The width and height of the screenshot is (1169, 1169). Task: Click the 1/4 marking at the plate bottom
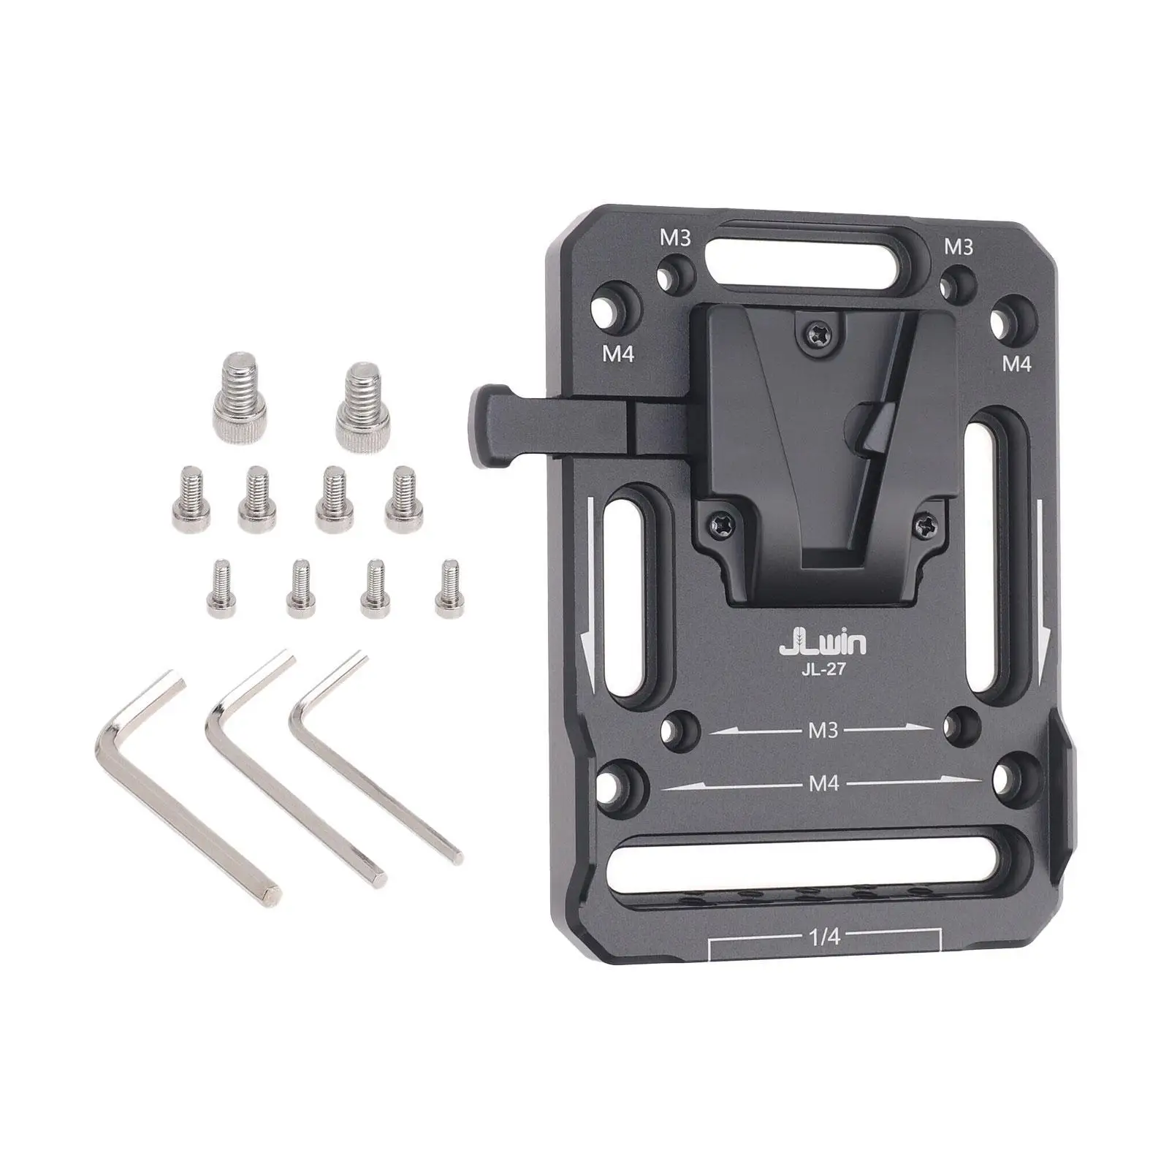tap(824, 937)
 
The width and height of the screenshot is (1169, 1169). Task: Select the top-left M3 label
tap(674, 239)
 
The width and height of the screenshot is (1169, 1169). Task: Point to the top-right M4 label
tap(1016, 362)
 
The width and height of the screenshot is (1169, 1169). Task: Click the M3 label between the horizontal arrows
tap(823, 730)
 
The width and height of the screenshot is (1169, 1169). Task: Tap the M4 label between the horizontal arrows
tap(823, 783)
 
